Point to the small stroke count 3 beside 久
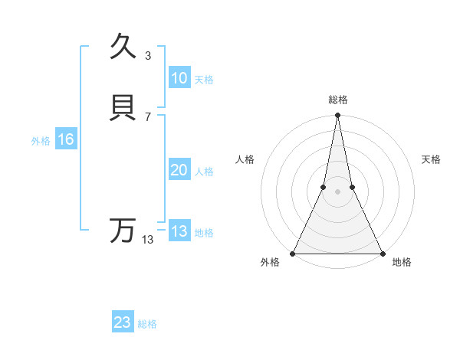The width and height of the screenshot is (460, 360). tap(147, 55)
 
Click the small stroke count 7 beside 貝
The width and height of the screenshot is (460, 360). tap(147, 117)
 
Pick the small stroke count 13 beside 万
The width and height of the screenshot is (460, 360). tap(147, 240)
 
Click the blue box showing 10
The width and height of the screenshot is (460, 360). tap(179, 78)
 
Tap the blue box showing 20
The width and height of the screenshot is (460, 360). tap(179, 170)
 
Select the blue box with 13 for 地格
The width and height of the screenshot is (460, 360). tap(179, 231)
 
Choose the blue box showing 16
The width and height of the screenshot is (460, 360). tap(65, 139)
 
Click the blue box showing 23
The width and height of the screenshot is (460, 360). tap(122, 322)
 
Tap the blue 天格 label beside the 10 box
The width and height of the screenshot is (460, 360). tap(204, 80)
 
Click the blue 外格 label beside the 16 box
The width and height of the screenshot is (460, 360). tap(41, 141)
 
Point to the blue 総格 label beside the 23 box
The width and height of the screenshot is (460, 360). tap(147, 324)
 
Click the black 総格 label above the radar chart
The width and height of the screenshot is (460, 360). tap(337, 100)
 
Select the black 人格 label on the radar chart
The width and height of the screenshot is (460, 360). tap(245, 159)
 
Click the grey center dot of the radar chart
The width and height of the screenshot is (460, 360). tap(337, 191)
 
